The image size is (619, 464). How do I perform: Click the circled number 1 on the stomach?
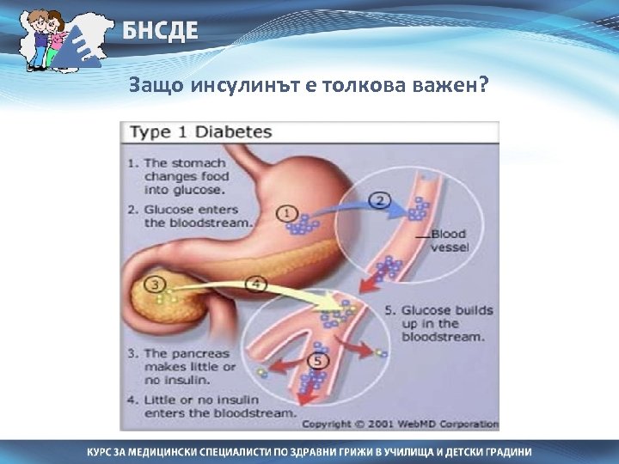288,213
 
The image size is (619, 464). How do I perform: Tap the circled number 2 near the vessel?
379,202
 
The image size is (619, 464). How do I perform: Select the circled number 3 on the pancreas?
156,283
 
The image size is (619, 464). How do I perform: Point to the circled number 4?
255,283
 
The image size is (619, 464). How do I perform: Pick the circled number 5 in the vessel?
320,362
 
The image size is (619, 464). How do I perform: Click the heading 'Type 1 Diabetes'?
199,132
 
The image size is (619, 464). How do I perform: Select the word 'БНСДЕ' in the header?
159,32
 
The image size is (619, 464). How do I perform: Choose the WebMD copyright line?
400,424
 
